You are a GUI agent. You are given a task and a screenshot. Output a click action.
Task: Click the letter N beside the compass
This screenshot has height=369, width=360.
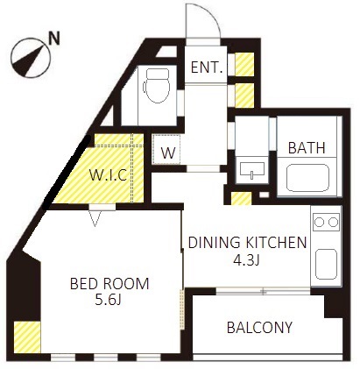tap(54, 38)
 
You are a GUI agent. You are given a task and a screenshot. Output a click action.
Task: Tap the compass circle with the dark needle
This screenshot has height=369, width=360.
tap(31, 58)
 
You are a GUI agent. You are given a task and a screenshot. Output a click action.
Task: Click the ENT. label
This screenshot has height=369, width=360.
tap(207, 67)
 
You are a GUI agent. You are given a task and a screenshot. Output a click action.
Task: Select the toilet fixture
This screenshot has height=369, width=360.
tap(157, 85)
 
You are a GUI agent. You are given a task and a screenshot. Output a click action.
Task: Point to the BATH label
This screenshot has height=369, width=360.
tap(307, 147)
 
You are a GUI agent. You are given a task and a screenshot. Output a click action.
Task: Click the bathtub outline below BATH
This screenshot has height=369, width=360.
tap(307, 178)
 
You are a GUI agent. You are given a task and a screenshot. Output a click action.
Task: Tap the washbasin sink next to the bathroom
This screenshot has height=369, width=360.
tap(252, 171)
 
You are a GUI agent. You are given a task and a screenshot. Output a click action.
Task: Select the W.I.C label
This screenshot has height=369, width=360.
tap(108, 175)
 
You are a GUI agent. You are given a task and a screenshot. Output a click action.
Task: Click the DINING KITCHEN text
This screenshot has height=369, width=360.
tap(247, 243)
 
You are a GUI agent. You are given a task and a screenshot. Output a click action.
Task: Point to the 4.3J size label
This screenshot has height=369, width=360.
tap(246, 260)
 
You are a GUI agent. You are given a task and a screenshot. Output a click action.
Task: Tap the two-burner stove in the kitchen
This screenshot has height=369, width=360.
tap(326, 222)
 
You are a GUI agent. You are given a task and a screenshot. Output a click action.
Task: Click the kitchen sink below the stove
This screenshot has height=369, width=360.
tap(326, 265)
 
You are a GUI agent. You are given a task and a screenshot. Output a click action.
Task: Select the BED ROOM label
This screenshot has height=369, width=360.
tap(109, 284)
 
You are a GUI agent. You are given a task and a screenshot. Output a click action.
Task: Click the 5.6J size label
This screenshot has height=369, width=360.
tap(108, 300)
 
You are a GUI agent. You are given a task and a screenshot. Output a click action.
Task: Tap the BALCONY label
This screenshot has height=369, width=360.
tap(259, 328)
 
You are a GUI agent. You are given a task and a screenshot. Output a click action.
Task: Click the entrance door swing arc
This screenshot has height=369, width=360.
tap(212, 15)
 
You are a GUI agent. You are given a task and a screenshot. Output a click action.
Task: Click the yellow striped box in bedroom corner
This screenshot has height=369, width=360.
tap(27, 337)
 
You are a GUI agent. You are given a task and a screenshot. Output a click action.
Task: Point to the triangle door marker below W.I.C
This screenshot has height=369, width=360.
tap(95, 218)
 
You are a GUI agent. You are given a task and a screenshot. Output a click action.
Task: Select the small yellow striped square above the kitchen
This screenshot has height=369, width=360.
tap(241, 198)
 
